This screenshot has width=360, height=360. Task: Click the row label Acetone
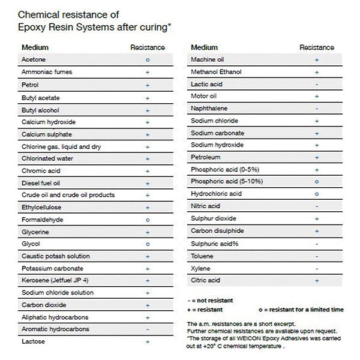(x=34, y=60)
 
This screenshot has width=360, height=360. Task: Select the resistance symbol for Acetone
(x=148, y=60)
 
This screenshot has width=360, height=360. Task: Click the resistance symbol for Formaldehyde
(x=148, y=220)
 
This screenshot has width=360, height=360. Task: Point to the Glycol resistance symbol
(x=148, y=244)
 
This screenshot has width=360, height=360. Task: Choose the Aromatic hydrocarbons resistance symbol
(x=148, y=329)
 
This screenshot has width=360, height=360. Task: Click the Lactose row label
(x=34, y=341)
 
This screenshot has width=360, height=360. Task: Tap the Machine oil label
(x=207, y=60)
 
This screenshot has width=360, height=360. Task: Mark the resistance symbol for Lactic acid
(x=316, y=85)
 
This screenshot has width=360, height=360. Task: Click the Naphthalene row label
(x=209, y=109)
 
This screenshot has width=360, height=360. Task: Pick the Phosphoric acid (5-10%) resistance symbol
(x=316, y=182)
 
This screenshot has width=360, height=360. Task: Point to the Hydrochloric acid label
(x=217, y=194)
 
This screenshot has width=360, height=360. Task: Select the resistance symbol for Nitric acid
(x=316, y=206)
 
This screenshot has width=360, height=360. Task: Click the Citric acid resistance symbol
(x=316, y=280)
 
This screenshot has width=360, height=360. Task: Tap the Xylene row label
(x=200, y=268)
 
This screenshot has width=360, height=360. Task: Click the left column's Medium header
(x=35, y=47)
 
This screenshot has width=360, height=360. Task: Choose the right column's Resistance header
(x=317, y=47)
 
